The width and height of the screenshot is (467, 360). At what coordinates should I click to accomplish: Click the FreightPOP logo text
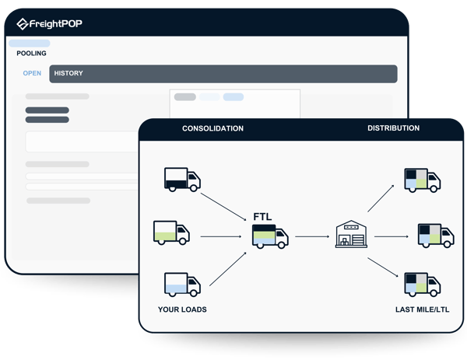(x=56, y=23)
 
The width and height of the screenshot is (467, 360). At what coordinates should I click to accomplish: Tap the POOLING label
(x=31, y=53)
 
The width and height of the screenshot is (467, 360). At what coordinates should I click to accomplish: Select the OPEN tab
(x=32, y=73)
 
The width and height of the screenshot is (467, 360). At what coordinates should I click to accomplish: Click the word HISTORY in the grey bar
(x=68, y=73)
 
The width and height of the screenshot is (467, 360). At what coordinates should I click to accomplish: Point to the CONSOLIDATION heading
(x=212, y=128)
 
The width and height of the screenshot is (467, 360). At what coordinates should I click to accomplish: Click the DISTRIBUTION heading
(x=393, y=128)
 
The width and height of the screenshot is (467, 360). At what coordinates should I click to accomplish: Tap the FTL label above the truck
(x=262, y=217)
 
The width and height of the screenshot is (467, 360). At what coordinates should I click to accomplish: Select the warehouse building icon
(x=351, y=234)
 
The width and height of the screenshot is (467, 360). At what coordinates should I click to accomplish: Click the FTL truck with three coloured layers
(x=270, y=236)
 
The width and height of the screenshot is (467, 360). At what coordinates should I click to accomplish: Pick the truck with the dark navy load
(x=182, y=180)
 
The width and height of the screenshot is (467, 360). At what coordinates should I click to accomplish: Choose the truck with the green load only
(x=171, y=232)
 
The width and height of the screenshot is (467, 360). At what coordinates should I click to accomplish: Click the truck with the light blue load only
(x=182, y=285)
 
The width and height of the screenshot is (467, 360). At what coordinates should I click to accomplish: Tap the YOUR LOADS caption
(x=182, y=309)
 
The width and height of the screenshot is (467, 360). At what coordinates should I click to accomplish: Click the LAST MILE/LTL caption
(x=423, y=309)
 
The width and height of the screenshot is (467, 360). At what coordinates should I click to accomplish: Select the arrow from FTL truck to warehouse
(x=312, y=236)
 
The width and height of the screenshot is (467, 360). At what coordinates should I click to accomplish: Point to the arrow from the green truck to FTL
(x=221, y=236)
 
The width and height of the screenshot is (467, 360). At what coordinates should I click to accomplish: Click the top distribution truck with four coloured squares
(x=423, y=180)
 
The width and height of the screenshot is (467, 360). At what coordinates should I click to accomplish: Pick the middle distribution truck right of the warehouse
(x=436, y=236)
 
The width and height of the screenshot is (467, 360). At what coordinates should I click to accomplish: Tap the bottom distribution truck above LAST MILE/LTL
(x=423, y=285)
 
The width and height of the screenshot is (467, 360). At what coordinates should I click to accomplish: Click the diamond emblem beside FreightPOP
(x=23, y=24)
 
